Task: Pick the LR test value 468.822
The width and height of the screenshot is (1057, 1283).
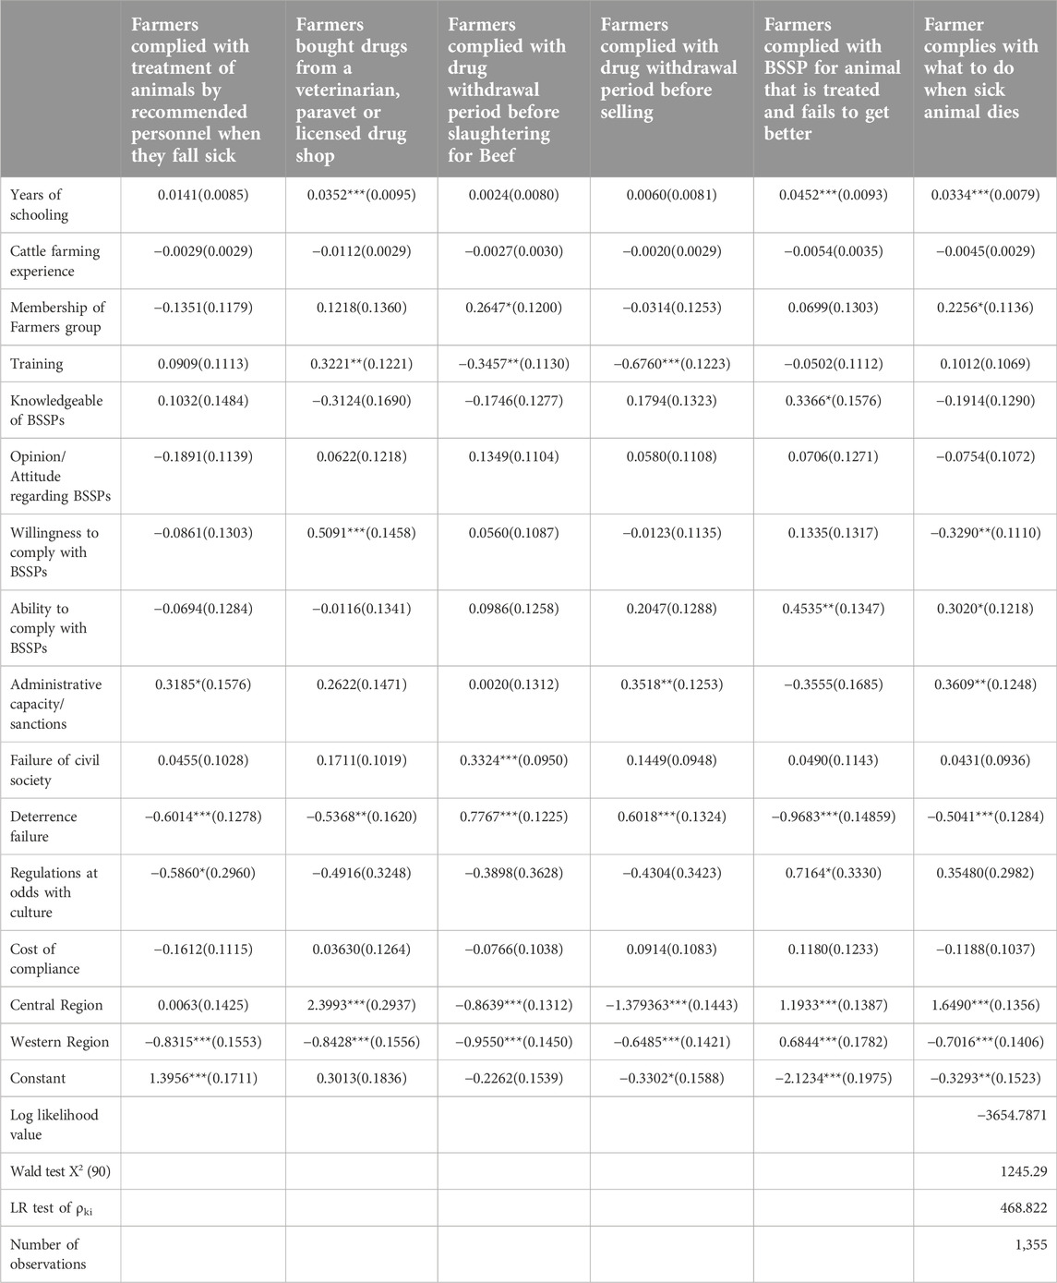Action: click(x=1023, y=1207)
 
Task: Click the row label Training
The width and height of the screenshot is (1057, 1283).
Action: click(x=36, y=364)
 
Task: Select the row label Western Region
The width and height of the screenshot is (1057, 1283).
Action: click(x=60, y=1042)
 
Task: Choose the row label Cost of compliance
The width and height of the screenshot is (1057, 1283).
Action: click(x=45, y=959)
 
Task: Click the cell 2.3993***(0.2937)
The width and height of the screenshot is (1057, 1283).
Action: click(x=361, y=1005)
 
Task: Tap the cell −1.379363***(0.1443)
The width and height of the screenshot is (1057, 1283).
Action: click(x=672, y=1005)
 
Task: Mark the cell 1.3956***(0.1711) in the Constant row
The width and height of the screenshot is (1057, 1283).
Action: click(x=203, y=1078)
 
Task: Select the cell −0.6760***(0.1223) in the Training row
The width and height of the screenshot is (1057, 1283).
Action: click(x=672, y=364)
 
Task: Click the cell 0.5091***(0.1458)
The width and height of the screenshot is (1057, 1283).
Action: click(x=361, y=533)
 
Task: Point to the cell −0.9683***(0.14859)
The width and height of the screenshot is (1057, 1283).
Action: click(x=834, y=817)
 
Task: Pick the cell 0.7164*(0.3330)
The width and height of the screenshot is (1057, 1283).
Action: click(x=834, y=873)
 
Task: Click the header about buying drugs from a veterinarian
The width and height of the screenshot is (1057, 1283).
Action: click(x=352, y=90)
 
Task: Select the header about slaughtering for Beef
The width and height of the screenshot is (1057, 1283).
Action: click(x=507, y=90)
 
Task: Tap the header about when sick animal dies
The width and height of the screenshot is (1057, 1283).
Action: click(x=981, y=67)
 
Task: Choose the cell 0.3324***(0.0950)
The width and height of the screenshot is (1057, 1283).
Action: click(x=514, y=760)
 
